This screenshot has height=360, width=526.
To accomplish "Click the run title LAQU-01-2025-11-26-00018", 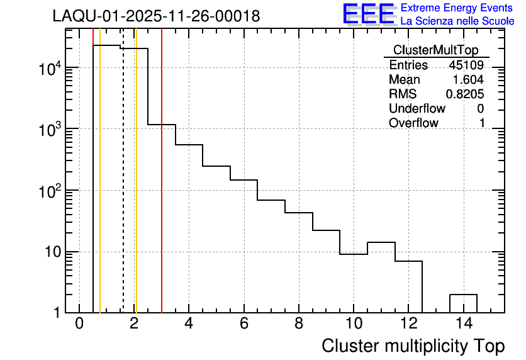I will [x=156, y=16].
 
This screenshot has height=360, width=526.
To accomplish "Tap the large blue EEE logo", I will [x=369, y=14].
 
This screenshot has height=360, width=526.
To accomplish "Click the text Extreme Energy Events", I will [x=457, y=8].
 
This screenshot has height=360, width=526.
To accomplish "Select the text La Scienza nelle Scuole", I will [x=457, y=21].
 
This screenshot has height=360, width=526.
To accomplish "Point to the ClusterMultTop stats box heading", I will [x=435, y=50].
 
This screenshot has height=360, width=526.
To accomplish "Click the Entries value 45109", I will [x=466, y=65].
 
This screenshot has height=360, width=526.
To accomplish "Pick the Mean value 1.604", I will [x=469, y=80].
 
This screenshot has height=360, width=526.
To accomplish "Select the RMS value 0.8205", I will [x=465, y=94].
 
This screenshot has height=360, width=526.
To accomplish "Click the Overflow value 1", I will [x=482, y=123].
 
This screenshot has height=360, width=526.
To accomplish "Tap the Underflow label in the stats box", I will [x=417, y=109].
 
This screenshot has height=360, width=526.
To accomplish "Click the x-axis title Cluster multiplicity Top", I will [x=413, y=346].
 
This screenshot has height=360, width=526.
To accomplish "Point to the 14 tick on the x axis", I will [x=464, y=324].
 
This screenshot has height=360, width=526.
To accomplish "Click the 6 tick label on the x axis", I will [x=244, y=324].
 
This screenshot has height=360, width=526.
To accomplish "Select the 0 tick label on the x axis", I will [x=79, y=324].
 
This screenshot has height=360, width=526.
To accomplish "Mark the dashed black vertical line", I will [x=123, y=189].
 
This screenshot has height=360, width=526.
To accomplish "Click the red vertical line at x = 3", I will [x=162, y=189].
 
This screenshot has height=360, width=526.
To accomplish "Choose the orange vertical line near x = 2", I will [x=136, y=189].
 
